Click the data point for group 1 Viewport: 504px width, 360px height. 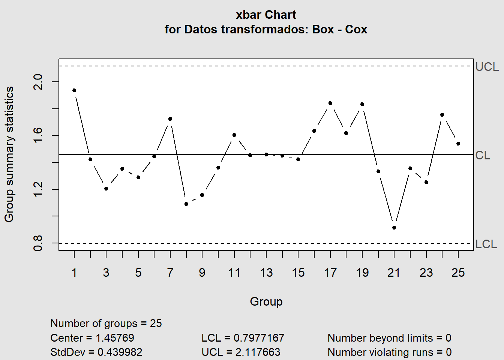(x=74, y=90)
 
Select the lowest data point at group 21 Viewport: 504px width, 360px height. (x=394, y=228)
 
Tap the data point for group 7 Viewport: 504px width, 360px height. (x=170, y=119)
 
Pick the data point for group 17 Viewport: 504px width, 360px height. (x=330, y=103)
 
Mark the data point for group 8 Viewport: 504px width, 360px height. (x=186, y=204)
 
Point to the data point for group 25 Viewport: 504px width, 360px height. (x=458, y=144)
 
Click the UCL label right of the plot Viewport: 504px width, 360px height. (x=487, y=67)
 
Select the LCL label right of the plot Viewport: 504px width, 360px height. (x=486, y=244)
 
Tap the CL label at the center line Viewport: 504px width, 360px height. (x=483, y=155)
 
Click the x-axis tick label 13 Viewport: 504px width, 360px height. (x=266, y=273)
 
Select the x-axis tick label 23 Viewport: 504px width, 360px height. (x=426, y=273)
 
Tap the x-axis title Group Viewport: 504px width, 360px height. (x=266, y=301)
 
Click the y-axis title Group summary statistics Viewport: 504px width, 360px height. (x=9, y=154)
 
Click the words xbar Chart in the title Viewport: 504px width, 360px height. (x=266, y=15)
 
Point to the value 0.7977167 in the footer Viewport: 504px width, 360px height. (x=259, y=338)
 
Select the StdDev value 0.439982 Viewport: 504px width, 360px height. (x=120, y=352)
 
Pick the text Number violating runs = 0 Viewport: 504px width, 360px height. (x=390, y=352)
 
